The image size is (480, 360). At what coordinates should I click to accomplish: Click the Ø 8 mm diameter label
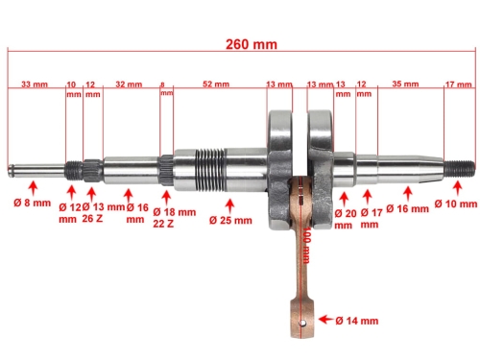(32, 204)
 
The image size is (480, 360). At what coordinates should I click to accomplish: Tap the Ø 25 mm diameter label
(228, 219)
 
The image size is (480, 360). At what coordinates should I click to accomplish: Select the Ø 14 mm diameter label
(357, 320)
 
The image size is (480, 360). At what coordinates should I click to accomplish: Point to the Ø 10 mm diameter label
(455, 204)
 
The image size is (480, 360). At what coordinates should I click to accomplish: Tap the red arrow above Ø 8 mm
(33, 182)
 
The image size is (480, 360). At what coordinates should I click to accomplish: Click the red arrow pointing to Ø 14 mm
(324, 320)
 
